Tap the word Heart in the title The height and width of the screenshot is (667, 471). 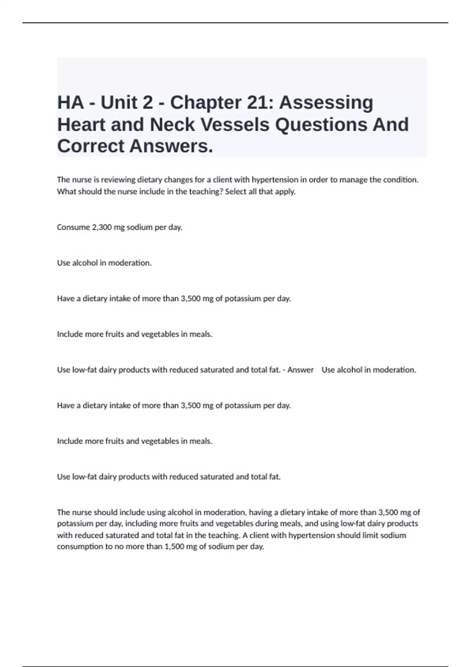[x=82, y=125]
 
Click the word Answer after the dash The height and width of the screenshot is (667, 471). [x=300, y=370]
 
